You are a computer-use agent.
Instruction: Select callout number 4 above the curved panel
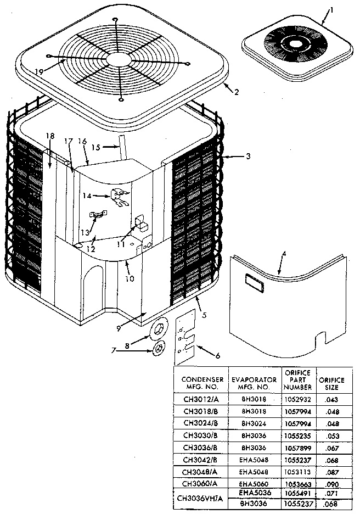click(283, 254)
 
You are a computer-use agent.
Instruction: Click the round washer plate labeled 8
click(159, 328)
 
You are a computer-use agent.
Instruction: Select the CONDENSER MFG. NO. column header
click(202, 383)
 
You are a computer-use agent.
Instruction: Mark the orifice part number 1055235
click(297, 437)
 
